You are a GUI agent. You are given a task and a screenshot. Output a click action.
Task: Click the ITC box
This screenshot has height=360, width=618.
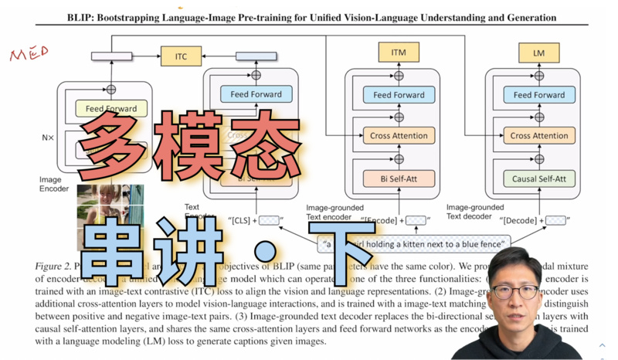click(181, 55)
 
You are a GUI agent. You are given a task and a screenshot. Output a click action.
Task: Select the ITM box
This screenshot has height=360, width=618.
click(399, 53)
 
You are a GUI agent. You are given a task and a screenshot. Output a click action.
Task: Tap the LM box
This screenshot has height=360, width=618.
click(539, 53)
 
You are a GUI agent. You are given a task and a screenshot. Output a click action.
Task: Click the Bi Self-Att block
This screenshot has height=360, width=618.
click(399, 179)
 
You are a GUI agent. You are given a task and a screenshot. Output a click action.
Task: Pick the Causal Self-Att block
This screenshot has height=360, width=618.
click(539, 179)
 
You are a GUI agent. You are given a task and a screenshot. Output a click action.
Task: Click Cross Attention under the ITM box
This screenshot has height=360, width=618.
click(399, 136)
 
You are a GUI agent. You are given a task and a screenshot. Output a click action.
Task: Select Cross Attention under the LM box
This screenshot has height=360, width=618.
click(539, 136)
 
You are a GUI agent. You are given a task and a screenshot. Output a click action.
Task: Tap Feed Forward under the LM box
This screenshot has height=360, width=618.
click(539, 95)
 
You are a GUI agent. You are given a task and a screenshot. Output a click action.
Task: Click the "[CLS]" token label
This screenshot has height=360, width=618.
click(242, 221)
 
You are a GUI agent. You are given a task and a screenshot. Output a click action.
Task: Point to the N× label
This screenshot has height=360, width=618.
click(48, 138)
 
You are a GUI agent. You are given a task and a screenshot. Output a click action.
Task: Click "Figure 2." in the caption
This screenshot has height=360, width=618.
click(53, 267)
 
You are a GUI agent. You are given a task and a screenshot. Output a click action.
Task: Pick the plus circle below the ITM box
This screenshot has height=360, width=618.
click(399, 76)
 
